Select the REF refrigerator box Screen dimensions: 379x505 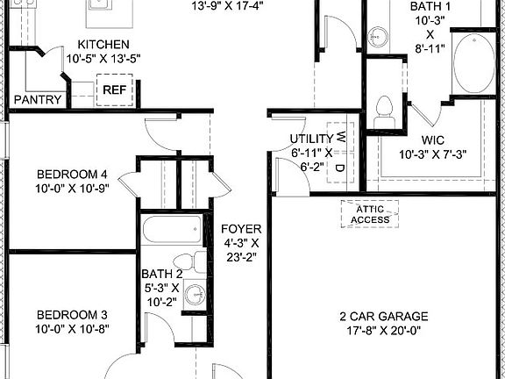click(113, 90)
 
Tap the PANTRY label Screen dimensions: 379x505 click(38, 100)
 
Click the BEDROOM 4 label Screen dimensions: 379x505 click(72, 173)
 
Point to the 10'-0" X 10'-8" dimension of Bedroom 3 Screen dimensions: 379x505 click(72, 330)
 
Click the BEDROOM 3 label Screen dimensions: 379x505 click(72, 315)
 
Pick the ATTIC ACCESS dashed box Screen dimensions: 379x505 click(370, 213)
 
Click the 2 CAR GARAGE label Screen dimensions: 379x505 click(383, 316)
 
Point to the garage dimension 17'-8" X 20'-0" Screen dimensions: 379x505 click(383, 331)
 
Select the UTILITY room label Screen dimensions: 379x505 click(311, 139)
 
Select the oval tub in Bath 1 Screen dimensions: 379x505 click(474, 63)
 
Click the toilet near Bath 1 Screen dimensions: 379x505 click(382, 110)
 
